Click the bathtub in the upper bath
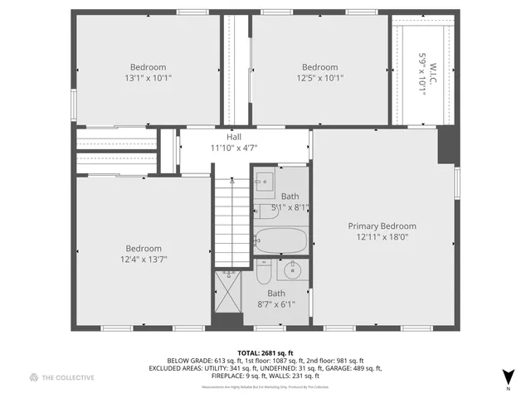pyautogui.click(x=280, y=240)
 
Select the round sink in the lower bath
pyautogui.click(x=293, y=270)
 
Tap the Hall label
pyautogui.click(x=234, y=137)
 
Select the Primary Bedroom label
pyautogui.click(x=382, y=226)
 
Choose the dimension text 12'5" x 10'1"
pyautogui.click(x=319, y=78)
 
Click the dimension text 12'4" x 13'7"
pyautogui.click(x=144, y=259)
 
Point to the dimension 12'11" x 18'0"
pyautogui.click(x=382, y=236)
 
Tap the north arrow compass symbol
pyautogui.click(x=508, y=376)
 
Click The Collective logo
pyautogui.click(x=62, y=377)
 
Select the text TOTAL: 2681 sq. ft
pyautogui.click(x=265, y=352)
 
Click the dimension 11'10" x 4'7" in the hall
pyautogui.click(x=234, y=148)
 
